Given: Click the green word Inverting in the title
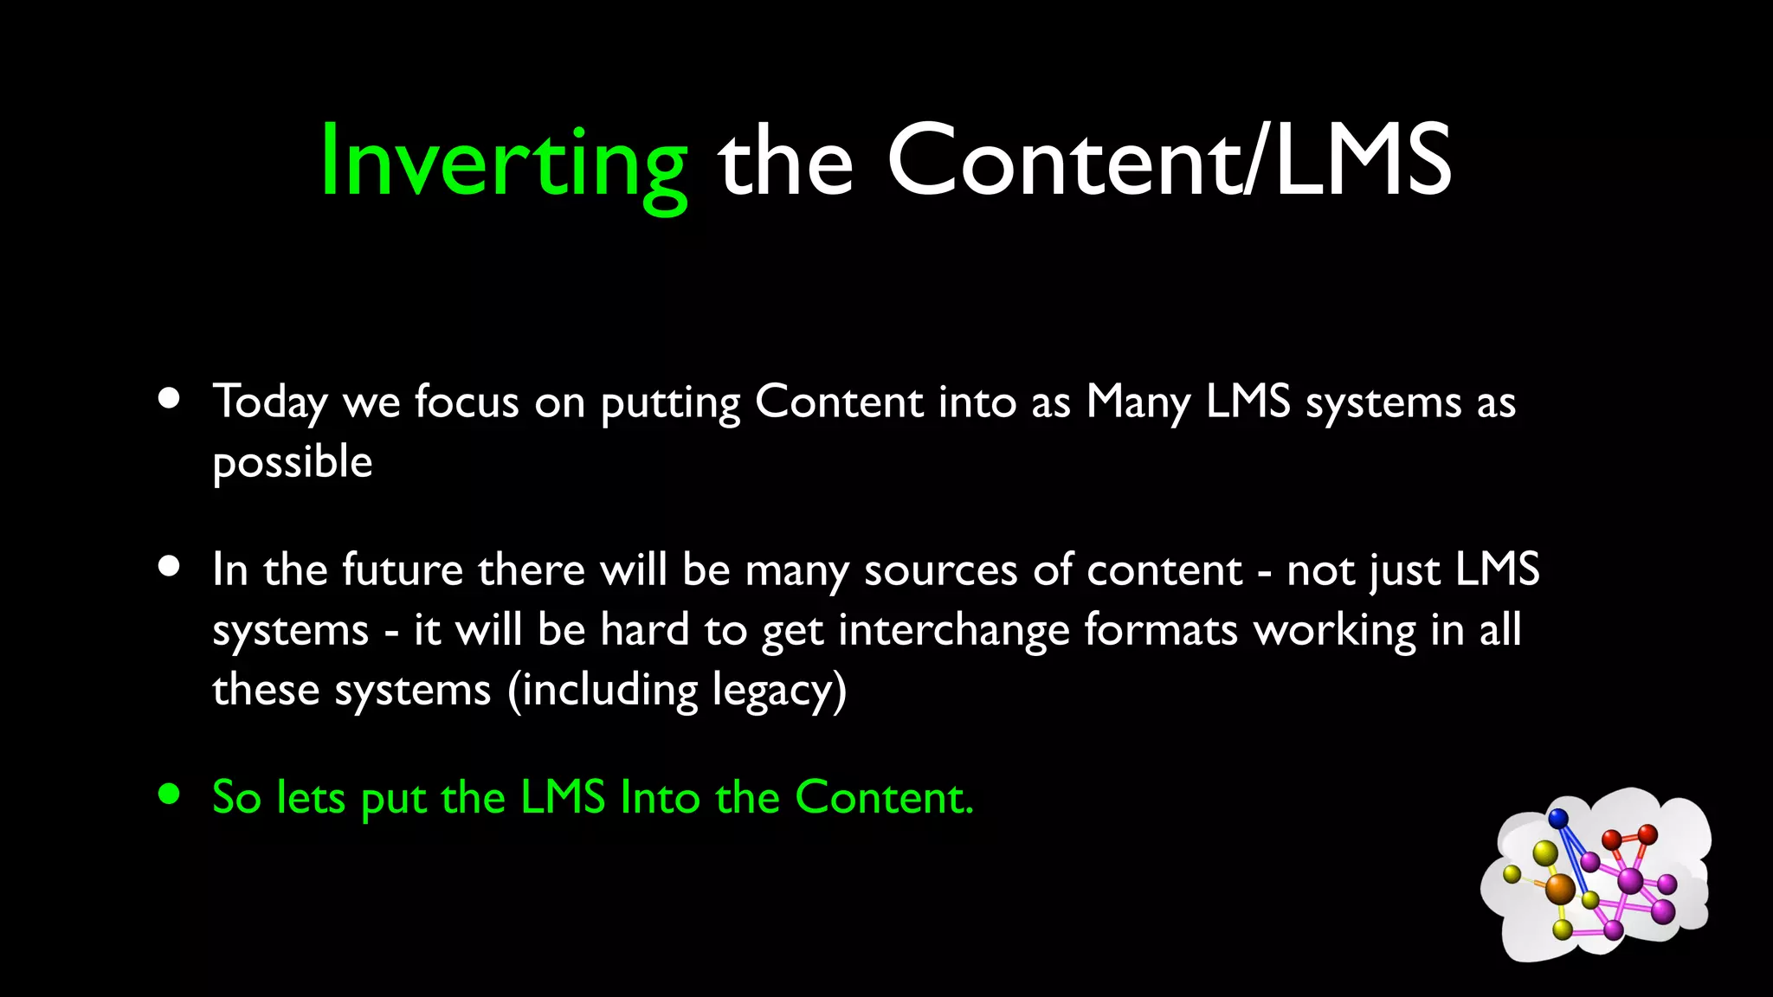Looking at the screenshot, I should click(504, 163).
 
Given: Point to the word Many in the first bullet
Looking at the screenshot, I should click(1138, 403).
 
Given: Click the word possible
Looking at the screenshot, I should click(293, 463).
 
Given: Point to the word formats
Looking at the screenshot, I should click(1161, 629).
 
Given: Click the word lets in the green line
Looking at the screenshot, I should click(311, 797).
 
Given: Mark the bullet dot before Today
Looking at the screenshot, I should click(170, 399).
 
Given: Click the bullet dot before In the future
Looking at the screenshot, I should click(170, 567).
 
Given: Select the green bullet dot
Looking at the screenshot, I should click(170, 794).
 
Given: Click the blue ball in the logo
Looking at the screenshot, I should click(1558, 818).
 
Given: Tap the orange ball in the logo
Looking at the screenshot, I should click(1560, 888).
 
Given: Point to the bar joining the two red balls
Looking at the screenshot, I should click(1629, 837).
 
